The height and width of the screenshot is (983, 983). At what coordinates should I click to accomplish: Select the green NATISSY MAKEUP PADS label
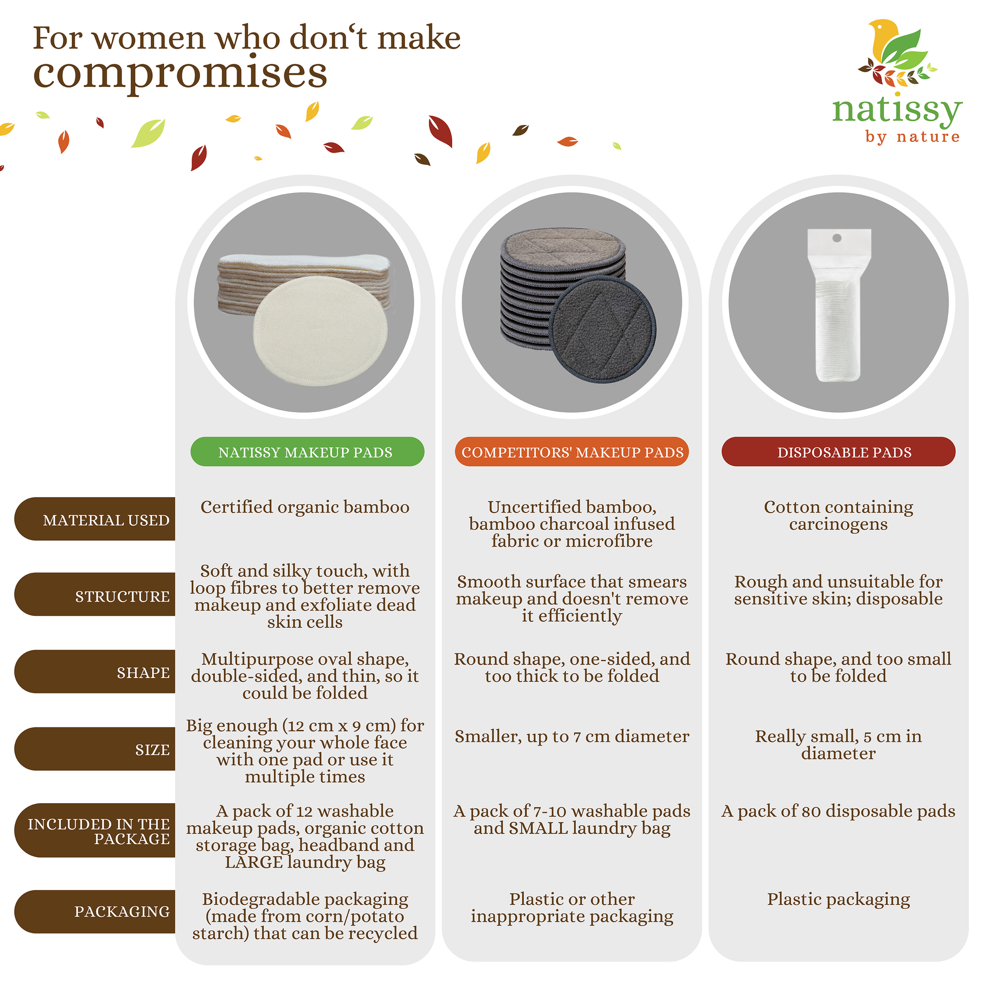click(307, 451)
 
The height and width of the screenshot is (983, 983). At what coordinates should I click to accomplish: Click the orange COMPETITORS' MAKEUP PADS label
click(572, 451)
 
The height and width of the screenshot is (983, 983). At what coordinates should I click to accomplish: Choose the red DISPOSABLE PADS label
click(839, 451)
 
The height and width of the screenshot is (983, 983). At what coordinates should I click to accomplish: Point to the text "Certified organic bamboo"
click(305, 507)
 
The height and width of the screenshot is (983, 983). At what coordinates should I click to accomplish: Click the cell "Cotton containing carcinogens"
click(839, 515)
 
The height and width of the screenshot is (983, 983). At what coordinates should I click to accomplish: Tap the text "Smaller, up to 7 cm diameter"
click(572, 736)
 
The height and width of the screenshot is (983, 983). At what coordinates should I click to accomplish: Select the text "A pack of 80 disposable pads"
click(839, 811)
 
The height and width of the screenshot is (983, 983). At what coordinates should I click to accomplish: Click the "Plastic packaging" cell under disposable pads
click(839, 899)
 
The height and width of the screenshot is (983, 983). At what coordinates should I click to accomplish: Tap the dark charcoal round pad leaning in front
click(604, 330)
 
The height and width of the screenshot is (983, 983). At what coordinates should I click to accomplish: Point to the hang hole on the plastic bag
click(837, 237)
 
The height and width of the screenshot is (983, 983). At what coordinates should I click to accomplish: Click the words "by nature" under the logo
click(913, 137)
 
